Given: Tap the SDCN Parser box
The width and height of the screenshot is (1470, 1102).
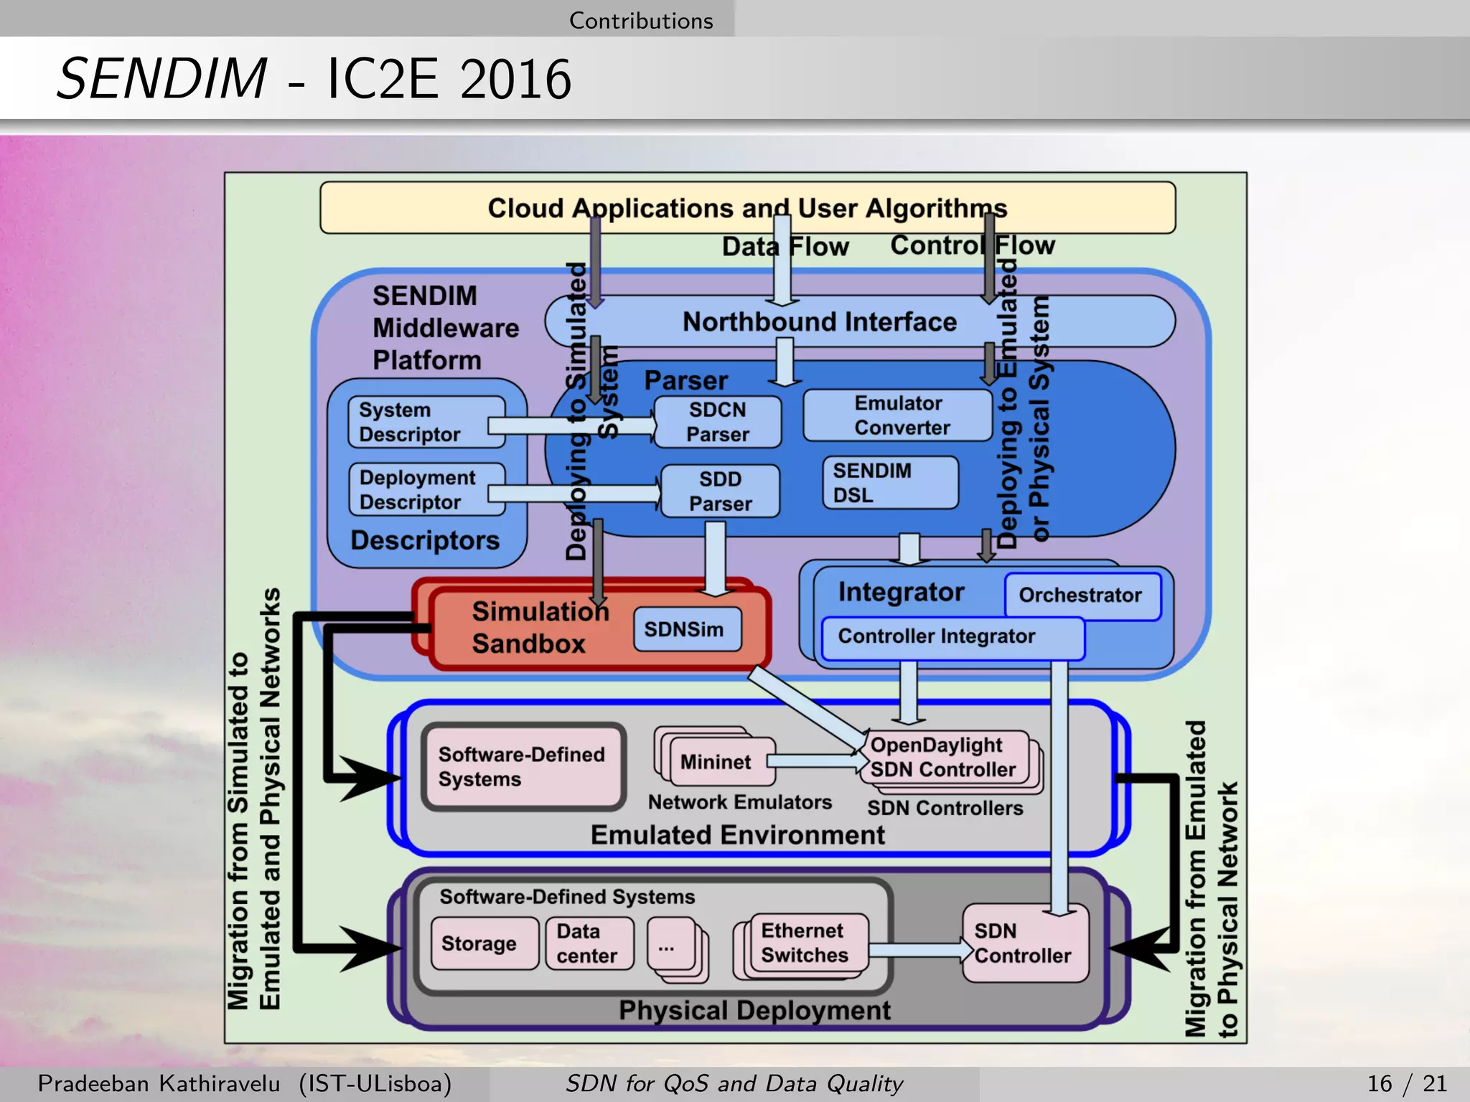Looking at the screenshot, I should coord(717,422).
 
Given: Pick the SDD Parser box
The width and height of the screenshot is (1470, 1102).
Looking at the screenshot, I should coord(720,491).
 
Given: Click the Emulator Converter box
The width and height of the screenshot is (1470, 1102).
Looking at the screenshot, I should coord(897,415).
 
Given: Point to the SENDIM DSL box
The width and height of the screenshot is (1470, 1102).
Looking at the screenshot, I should coord(890,483).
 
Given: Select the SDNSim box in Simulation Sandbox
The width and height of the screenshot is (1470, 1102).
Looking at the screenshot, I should coord(687,629).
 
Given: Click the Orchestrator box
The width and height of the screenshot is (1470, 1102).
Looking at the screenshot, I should coord(1082,595).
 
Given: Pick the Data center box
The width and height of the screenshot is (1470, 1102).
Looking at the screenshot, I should coord(589,943).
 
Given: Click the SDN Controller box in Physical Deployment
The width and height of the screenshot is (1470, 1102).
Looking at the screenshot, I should coord(1024,943).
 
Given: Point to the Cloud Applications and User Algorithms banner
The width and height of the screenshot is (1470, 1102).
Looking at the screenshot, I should coord(746,208).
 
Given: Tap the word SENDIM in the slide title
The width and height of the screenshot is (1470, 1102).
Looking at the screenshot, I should coord(162,79).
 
